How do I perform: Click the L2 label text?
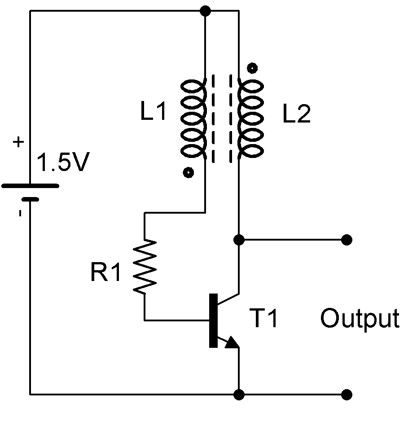[296, 115]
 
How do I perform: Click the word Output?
[359, 319]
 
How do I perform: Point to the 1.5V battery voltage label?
[63, 163]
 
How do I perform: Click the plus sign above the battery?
[18, 143]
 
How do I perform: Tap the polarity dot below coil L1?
[189, 172]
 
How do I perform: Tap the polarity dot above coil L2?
[253, 68]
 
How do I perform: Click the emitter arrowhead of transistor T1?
[232, 343]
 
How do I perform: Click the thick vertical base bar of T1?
[213, 320]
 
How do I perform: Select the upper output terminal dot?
[346, 240]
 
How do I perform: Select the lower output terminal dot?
[346, 395]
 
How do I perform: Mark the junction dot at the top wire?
[205, 11]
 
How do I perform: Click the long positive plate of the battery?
[30, 185]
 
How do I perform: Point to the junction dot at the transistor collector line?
[239, 240]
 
